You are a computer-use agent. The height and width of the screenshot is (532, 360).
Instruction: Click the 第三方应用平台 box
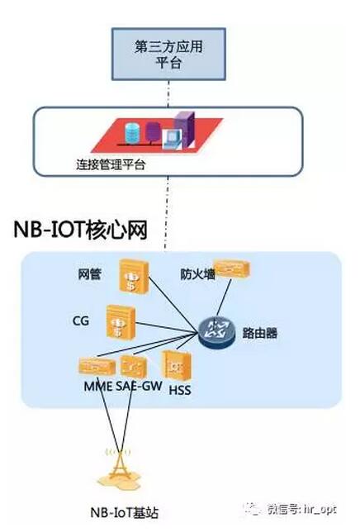pyautogui.click(x=168, y=54)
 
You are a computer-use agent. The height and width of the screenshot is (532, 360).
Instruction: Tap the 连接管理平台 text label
pyautogui.click(x=111, y=164)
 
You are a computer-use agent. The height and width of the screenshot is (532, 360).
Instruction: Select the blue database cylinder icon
pyautogui.click(x=133, y=133)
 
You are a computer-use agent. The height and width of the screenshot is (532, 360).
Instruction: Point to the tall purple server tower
pyautogui.click(x=185, y=129)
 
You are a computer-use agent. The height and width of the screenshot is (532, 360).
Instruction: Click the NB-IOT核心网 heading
pyautogui.click(x=80, y=230)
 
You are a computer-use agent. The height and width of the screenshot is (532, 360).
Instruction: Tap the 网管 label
pyautogui.click(x=90, y=273)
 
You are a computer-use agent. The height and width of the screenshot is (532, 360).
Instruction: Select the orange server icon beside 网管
pyautogui.click(x=134, y=276)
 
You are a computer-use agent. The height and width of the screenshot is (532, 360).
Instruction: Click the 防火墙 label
pyautogui.click(x=197, y=273)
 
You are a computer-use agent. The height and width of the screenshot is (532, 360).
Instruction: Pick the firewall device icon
pyautogui.click(x=232, y=269)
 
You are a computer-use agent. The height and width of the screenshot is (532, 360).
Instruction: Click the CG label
pyautogui.click(x=81, y=321)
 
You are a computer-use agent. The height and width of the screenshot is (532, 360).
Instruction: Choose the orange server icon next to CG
pyautogui.click(x=121, y=323)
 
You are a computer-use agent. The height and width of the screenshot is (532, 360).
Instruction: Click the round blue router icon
pyautogui.click(x=216, y=332)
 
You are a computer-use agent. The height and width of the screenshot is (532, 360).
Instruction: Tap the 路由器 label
pyautogui.click(x=259, y=333)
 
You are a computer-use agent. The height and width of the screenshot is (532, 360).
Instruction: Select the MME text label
pyautogui.click(x=98, y=386)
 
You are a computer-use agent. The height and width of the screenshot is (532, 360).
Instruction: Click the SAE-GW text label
pyautogui.click(x=139, y=386)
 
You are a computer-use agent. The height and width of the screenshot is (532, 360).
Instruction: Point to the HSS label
pyautogui.click(x=180, y=390)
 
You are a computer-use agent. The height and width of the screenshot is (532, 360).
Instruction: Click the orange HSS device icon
pyautogui.click(x=177, y=366)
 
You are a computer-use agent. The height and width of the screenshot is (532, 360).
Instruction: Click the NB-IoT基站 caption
pyautogui.click(x=124, y=512)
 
